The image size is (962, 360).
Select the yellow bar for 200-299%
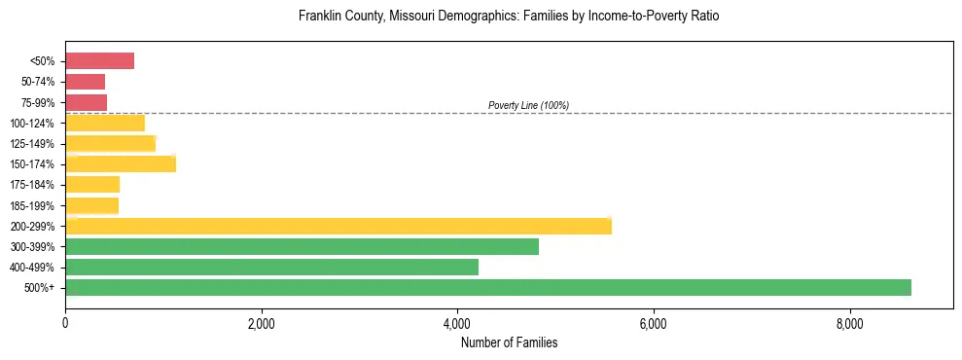(338, 226)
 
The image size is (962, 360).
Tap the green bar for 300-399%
(302, 246)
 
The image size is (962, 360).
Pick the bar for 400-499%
(271, 267)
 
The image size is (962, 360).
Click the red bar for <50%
(99, 61)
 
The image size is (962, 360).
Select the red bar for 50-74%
(85, 82)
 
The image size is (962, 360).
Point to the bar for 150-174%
(121, 163)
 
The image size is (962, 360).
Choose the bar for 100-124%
(105, 123)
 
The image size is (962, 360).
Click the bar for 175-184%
(92, 184)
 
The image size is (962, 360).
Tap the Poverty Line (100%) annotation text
(528, 105)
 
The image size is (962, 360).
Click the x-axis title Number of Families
(509, 342)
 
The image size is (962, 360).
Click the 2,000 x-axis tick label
(261, 323)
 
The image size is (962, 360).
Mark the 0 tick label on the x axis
(65, 323)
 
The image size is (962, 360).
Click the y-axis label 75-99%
(38, 102)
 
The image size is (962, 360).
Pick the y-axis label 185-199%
(35, 205)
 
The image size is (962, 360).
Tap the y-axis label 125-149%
(35, 144)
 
